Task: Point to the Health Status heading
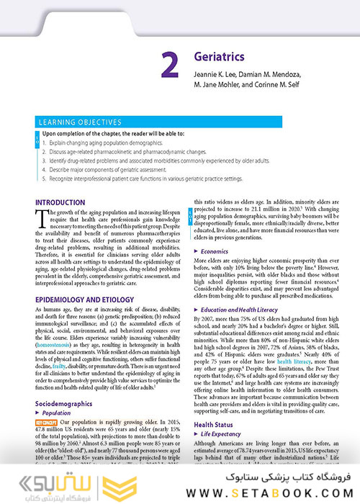[215, 426]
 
